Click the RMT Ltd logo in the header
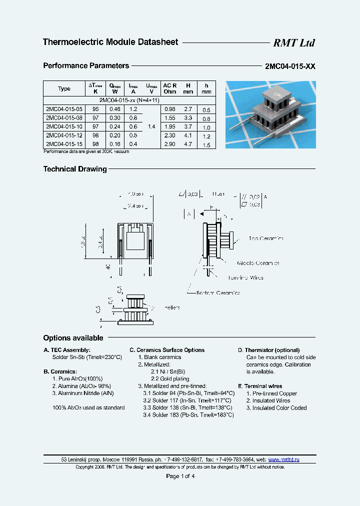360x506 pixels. [x=293, y=43]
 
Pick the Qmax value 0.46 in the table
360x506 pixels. [x=114, y=109]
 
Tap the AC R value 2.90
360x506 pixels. [x=169, y=144]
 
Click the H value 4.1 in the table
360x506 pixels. [x=187, y=135]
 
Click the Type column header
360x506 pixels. [x=64, y=89]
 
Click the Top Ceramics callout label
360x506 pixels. [x=266, y=238]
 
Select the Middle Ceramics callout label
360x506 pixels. [x=258, y=263]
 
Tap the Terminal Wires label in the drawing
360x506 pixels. [x=245, y=277]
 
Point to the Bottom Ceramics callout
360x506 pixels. [x=218, y=292]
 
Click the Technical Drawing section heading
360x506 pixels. [x=75, y=169]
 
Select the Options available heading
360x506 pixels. [x=73, y=338]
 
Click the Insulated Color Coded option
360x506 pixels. [x=276, y=408]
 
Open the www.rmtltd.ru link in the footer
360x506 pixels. [x=284, y=459]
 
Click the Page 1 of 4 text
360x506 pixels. [x=180, y=476]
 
